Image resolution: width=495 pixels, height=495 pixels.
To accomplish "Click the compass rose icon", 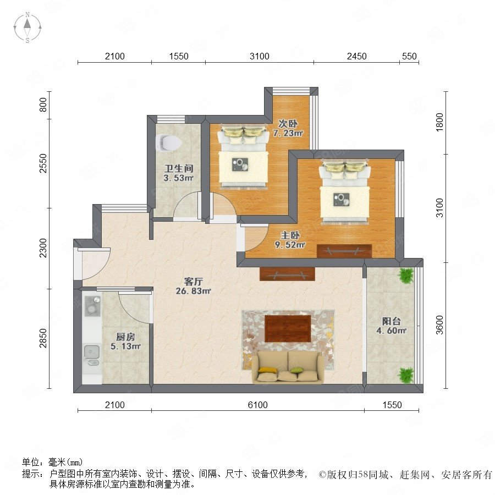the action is tap(28, 27).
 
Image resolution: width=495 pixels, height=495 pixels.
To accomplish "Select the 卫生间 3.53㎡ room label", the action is tap(178, 173).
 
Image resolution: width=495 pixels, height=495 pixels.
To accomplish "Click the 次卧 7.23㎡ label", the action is tap(288, 128).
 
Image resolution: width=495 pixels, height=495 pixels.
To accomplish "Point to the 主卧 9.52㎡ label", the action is tap(290, 240).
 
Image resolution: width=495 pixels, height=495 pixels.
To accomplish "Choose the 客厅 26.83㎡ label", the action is tap(193, 286).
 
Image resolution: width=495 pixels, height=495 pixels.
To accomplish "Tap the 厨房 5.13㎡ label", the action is tap(125, 341).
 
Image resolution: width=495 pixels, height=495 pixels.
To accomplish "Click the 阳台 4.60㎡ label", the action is tap(391, 326).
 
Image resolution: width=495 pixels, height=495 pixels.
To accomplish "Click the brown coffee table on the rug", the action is tap(288, 329).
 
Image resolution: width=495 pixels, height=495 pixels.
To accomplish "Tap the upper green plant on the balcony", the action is tap(406, 276).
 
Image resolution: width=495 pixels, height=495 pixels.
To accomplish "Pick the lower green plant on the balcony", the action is tap(406, 375).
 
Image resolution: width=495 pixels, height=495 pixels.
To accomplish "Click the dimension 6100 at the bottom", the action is tap(257, 405).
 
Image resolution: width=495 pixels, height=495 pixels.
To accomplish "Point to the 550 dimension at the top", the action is tap(409, 56).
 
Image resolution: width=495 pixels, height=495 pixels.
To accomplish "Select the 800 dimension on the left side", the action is tap(43, 105).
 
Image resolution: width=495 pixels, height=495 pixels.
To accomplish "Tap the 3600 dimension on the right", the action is tap(439, 325).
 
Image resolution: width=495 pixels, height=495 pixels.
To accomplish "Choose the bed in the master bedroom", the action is tap(344, 193).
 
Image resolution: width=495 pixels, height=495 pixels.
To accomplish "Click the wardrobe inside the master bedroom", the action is tap(344, 251).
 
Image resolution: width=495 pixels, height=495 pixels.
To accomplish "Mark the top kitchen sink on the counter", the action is tap(92, 306).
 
